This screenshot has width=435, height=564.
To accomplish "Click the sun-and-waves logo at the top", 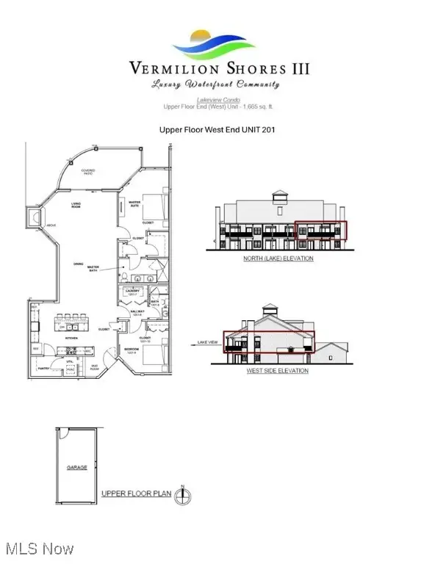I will [x=218, y=43].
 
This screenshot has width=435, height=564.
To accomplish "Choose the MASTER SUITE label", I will [x=135, y=204].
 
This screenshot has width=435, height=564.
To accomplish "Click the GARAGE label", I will [x=77, y=467].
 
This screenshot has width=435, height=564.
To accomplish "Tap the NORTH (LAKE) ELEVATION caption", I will [x=279, y=258].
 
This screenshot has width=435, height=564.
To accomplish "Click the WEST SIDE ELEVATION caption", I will [x=278, y=371].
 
